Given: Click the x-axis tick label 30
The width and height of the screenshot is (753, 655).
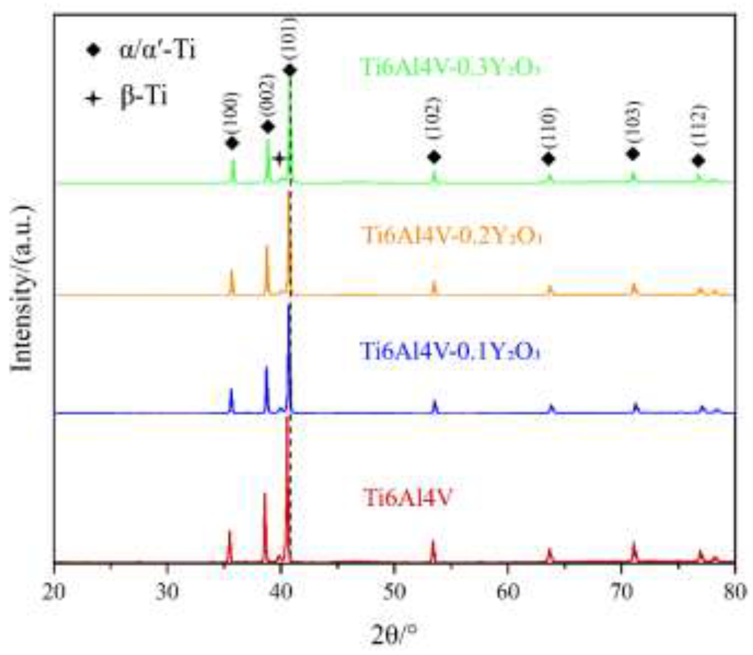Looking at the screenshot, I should coord(168,593).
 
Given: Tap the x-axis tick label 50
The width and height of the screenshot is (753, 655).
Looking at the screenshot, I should coord(394,593).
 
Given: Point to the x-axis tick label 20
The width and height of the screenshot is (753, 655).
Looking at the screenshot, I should coord(54,593).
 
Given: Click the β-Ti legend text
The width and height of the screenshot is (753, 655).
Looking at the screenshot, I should coord(143,96).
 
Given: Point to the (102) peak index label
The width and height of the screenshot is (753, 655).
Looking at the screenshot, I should coord(434,123).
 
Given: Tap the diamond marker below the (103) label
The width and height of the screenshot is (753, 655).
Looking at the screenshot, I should coord(633,154).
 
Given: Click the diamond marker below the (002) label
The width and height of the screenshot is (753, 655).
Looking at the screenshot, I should coord(268,127).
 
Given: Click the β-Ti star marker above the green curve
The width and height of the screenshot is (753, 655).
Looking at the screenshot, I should coord(279,159).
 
